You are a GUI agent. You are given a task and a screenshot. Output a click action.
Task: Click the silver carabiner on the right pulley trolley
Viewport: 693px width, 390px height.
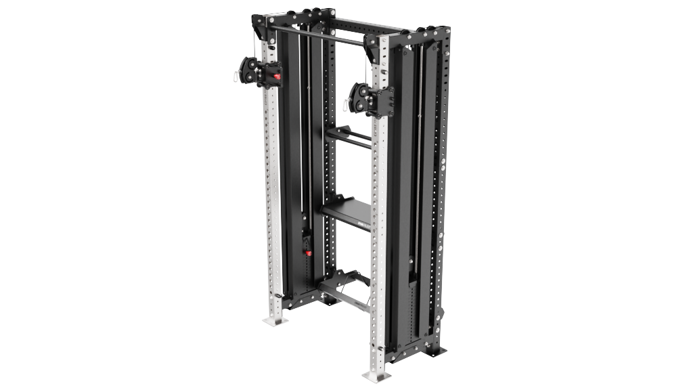(349, 104)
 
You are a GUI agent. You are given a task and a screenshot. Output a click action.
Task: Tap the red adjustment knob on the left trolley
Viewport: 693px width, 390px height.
(277, 75)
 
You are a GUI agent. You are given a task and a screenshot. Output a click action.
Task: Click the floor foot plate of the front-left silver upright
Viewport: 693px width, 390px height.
(275, 319)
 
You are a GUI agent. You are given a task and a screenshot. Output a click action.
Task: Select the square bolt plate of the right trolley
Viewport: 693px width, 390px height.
(382, 101)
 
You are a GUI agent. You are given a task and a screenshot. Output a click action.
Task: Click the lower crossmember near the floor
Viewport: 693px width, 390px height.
(345, 295)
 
